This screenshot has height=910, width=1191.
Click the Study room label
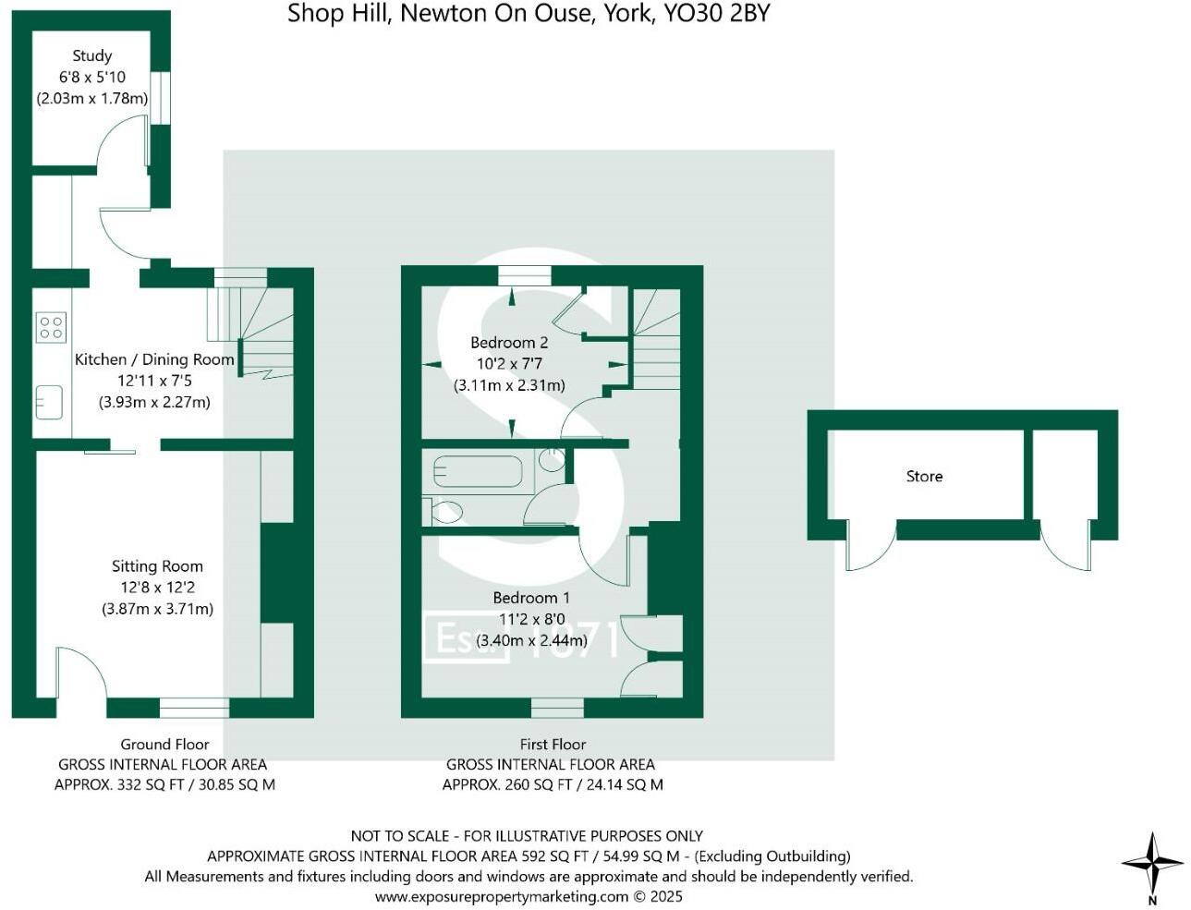[91, 56]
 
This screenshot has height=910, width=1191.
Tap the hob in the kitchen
[51, 327]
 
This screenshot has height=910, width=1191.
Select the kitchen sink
[49, 403]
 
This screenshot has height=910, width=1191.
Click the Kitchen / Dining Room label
[154, 359]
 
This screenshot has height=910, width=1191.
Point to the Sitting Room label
[157, 566]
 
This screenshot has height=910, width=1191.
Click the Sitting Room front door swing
[79, 673]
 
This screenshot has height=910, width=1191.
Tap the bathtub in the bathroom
[478, 470]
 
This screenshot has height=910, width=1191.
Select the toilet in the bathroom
[447, 509]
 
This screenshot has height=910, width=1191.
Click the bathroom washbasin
[553, 459]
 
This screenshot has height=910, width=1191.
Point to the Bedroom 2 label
[509, 343]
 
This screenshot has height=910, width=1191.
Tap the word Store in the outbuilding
[924, 477]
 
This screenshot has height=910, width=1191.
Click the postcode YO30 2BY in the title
[716, 13]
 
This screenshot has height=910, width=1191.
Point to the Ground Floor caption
[164, 744]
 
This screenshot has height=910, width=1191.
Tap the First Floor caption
[553, 744]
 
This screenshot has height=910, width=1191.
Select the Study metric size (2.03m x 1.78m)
[92, 98]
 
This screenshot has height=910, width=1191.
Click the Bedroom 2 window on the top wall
[524, 274]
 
